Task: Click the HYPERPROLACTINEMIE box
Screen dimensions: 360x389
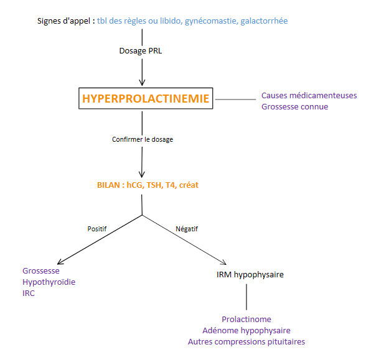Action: [x=146, y=98]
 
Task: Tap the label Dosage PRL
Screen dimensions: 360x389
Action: [x=143, y=50]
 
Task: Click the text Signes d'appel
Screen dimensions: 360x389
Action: [x=64, y=21]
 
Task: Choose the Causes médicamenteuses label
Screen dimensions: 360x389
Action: [x=309, y=95]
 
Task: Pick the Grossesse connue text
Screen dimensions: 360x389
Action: [x=294, y=106]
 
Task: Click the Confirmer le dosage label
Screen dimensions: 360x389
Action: [x=143, y=139]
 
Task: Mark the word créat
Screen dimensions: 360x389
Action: [x=187, y=185]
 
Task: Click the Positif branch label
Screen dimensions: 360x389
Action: [x=97, y=228]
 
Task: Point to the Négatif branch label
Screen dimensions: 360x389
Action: [x=186, y=228]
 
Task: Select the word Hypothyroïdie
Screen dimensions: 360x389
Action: [x=49, y=282]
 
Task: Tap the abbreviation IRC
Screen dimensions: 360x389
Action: [x=29, y=293]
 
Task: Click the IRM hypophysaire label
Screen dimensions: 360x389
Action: [x=246, y=274]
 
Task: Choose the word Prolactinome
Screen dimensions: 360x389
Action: [x=246, y=319]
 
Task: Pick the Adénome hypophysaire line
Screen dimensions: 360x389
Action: [x=246, y=330]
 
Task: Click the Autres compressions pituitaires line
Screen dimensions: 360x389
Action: [x=246, y=341]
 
